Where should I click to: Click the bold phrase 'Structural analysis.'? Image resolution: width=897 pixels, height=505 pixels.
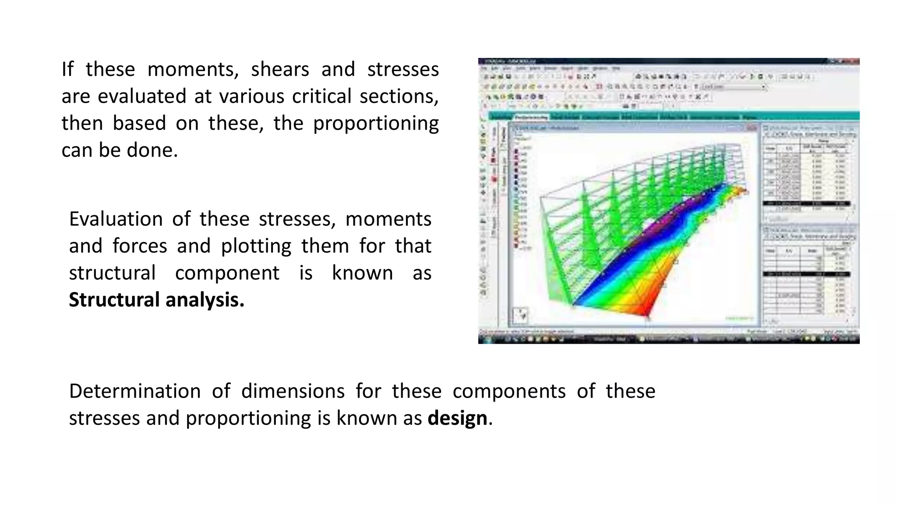[156, 300]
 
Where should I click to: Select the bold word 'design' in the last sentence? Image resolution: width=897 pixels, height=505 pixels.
[457, 418]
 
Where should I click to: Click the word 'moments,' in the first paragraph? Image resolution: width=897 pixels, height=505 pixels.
[193, 70]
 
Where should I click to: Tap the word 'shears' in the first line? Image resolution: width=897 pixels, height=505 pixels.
[280, 70]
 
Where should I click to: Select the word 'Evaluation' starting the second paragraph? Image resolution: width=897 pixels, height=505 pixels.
[116, 219]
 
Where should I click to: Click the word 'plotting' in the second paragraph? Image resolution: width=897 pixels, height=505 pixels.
[256, 246]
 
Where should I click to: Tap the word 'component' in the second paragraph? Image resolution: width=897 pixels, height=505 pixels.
[227, 273]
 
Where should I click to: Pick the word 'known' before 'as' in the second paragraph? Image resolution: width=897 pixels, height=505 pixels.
[362, 273]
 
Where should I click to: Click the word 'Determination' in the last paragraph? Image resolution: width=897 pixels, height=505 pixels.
[135, 391]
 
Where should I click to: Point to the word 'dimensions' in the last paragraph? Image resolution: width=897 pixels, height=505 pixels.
[293, 391]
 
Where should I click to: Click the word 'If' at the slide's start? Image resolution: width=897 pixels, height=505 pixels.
[67, 70]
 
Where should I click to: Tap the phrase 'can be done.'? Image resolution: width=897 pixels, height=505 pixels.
[120, 150]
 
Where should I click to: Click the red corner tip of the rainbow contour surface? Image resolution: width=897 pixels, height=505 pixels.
[647, 313]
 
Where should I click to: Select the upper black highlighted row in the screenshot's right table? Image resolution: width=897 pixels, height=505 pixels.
[806, 204]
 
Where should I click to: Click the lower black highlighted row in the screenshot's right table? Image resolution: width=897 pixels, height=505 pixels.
[806, 274]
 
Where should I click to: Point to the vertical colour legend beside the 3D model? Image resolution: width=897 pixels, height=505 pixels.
[516, 197]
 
